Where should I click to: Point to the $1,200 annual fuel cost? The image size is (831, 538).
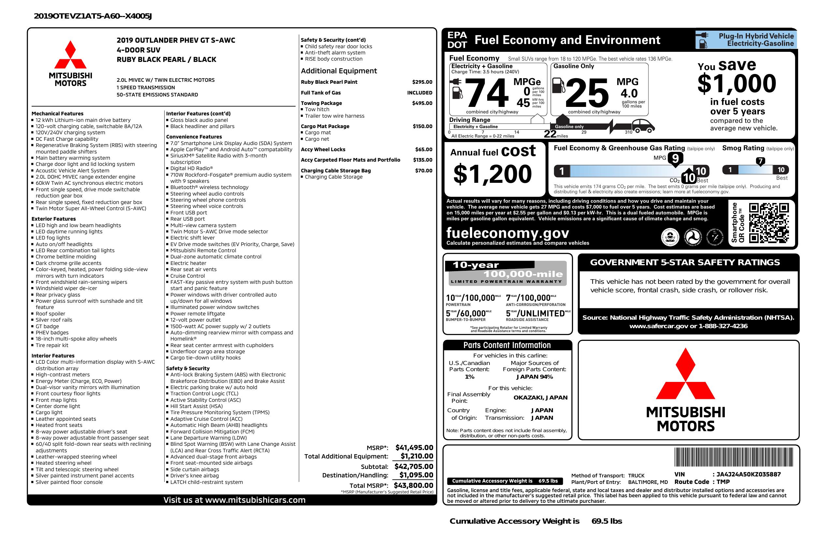[492, 174]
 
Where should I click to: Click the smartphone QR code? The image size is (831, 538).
[769, 223]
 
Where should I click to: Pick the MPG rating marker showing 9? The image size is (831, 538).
[675, 158]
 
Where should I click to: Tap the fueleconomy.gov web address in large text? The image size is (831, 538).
[507, 233]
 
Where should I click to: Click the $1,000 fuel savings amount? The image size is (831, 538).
[737, 84]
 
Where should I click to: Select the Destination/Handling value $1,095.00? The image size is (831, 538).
[416, 475]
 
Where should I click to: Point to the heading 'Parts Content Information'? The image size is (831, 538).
[507, 345]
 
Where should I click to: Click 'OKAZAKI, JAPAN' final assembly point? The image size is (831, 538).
[540, 398]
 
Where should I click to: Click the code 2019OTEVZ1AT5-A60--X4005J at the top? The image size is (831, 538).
[93, 16]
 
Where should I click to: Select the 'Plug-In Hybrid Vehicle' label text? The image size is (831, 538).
[756, 36]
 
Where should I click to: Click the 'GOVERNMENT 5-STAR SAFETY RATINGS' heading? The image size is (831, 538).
[685, 263]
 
